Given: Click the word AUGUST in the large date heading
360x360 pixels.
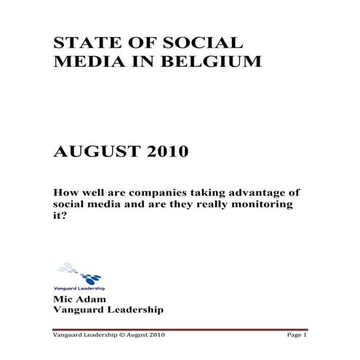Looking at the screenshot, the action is click(x=92, y=153).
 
